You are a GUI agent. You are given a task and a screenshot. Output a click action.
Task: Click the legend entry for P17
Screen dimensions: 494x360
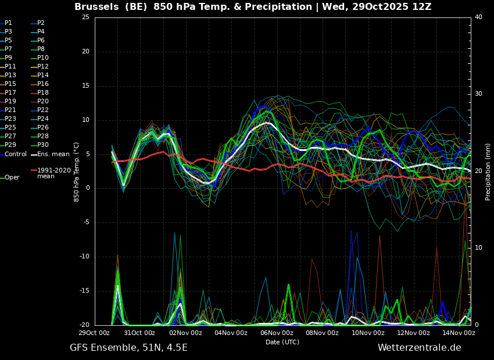[10, 92]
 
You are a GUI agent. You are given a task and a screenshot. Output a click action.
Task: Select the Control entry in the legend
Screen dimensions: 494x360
[16, 154]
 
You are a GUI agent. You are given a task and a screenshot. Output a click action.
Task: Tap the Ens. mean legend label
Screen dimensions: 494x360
[53, 154]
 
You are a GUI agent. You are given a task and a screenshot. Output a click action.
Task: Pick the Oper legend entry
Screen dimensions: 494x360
[12, 178]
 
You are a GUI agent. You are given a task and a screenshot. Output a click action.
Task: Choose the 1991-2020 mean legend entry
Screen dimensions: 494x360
[54, 173]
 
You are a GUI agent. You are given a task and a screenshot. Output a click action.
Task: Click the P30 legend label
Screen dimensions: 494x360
[43, 145]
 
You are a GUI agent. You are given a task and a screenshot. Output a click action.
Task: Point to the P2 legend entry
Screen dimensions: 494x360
[41, 23]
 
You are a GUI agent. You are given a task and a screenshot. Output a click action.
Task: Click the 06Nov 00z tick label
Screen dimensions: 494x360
[277, 333]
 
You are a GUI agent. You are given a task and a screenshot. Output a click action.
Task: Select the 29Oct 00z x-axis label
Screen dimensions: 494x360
[94, 333]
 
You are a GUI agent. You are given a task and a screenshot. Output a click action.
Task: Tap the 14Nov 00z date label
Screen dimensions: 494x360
[459, 333]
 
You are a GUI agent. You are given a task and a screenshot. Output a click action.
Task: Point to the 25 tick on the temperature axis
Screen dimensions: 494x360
[85, 17]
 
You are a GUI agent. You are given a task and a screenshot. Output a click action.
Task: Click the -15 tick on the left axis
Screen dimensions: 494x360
[84, 291]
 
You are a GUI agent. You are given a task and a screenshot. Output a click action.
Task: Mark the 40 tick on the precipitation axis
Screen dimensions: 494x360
[478, 17]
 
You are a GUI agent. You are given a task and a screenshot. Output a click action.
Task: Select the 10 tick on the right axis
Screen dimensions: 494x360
[478, 248]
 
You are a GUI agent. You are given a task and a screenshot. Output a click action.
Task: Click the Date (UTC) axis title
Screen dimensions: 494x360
[282, 342]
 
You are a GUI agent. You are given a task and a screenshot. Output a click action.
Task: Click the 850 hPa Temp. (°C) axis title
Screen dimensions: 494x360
[77, 172]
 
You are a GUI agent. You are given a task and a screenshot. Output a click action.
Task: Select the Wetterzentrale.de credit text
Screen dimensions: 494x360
[420, 348]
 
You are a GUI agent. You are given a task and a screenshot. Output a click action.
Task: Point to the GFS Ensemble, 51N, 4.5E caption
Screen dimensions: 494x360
[128, 348]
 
